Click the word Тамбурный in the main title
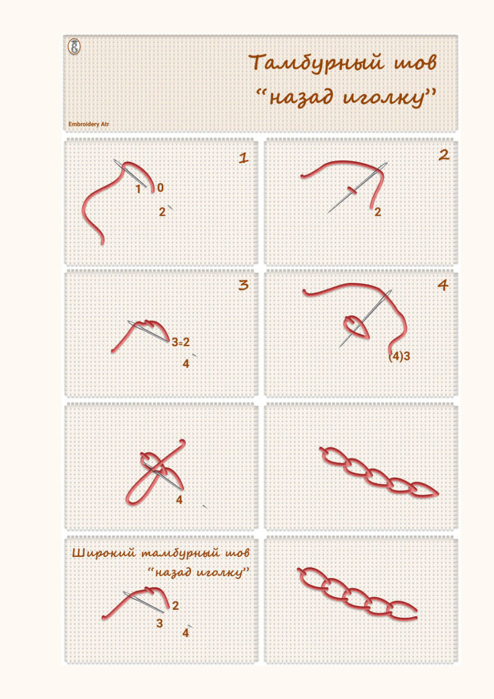(316, 63)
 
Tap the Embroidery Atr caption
(89, 124)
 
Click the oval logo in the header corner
(74, 47)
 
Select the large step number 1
(243, 158)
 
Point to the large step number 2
(443, 155)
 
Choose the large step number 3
(243, 285)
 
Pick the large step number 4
(443, 285)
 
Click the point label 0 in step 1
(161, 188)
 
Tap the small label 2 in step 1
(162, 212)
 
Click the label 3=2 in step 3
(181, 342)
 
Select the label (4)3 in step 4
(399, 356)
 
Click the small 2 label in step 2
(378, 212)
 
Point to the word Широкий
(103, 553)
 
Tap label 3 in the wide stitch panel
(159, 623)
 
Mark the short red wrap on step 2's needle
(352, 191)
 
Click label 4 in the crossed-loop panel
(179, 500)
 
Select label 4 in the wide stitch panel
(185, 633)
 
